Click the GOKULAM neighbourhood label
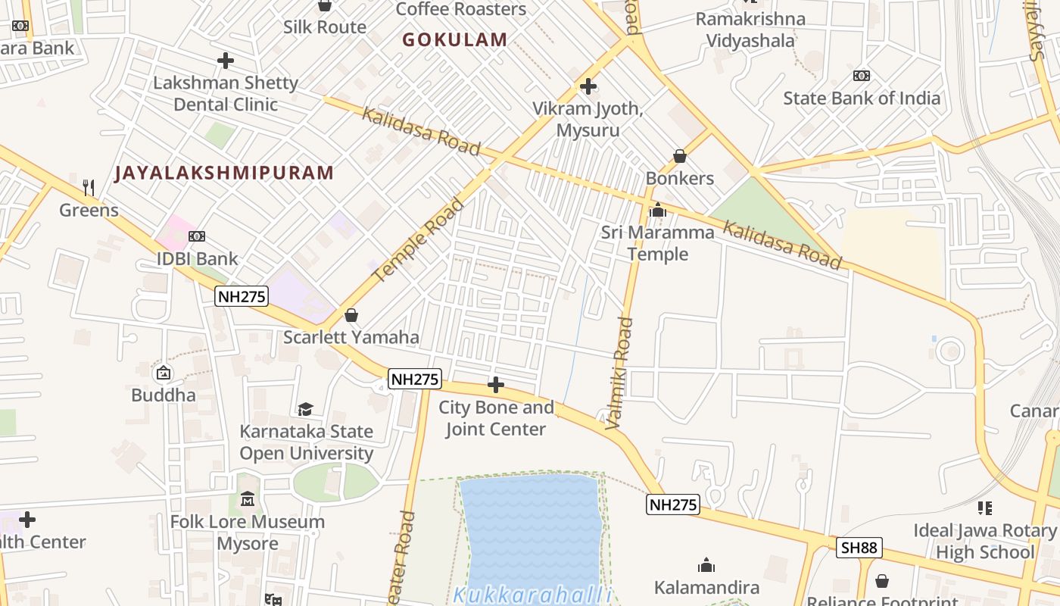point(455,40)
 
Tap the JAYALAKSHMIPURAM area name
point(224,173)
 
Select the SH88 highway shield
point(860,548)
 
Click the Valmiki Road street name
point(620,373)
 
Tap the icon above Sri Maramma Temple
point(658,210)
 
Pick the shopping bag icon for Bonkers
point(680,156)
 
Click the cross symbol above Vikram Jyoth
point(588,86)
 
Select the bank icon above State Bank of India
point(862,76)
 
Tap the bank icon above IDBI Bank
point(197,236)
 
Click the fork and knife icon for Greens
point(89,187)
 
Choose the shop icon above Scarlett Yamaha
point(351,314)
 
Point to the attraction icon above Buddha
point(163,373)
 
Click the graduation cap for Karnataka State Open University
point(305,409)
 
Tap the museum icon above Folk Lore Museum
point(248,499)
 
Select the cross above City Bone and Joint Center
point(496,385)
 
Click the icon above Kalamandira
point(706,565)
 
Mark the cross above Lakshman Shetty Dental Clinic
point(226,61)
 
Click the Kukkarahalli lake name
point(532,595)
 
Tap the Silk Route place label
point(325,27)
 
